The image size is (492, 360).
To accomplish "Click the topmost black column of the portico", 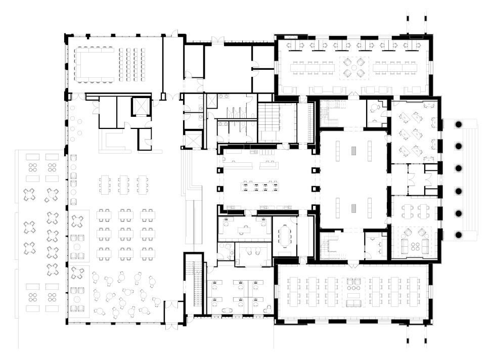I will pos(459,124).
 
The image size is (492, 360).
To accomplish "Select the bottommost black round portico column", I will pos(459,235).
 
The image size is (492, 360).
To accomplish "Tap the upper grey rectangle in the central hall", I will pos(354,150).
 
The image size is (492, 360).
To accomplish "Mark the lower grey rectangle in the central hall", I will pos(354,208).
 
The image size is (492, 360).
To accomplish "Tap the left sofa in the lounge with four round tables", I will pos(404,246).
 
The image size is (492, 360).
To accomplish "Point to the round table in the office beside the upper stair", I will pos(375,107).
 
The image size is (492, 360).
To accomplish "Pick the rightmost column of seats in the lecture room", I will pos(143,64).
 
